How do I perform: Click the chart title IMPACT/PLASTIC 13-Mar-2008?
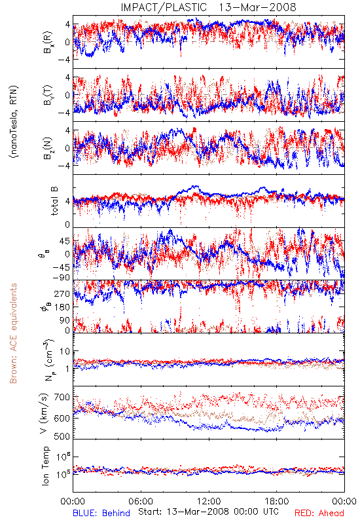tap(208, 7)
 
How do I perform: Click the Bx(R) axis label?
tap(47, 42)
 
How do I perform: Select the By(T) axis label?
tap(47, 95)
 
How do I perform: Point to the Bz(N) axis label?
tap(47, 148)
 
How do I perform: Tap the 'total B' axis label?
tap(54, 201)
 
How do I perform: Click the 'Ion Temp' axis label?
tap(45, 466)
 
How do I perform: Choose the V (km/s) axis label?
tap(44, 413)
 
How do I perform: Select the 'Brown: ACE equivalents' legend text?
tap(13, 333)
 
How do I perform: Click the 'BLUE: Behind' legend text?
tap(101, 513)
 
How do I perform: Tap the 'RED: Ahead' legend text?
tap(319, 513)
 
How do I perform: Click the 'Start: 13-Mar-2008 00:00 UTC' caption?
tap(208, 512)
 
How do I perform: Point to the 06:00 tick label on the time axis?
tap(141, 501)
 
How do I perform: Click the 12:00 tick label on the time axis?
tap(209, 501)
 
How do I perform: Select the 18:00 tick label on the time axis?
tap(277, 501)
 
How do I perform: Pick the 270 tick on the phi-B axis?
tap(62, 293)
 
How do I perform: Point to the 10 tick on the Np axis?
tap(65, 352)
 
